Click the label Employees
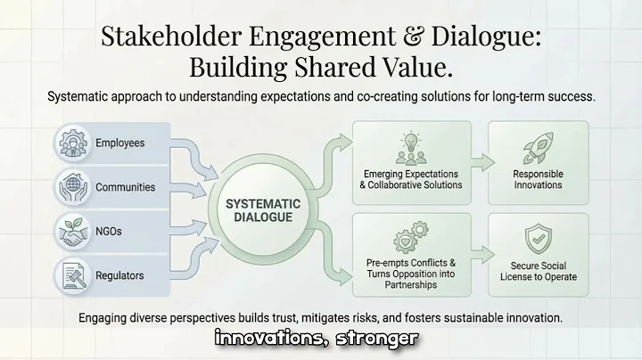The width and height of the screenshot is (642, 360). [x=119, y=143]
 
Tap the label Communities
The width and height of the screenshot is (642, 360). [x=126, y=188]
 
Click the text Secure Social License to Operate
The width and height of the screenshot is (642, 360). [x=538, y=271]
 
